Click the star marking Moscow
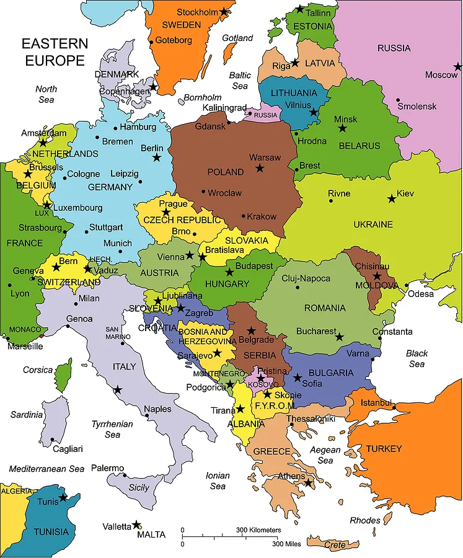pyautogui.click(x=457, y=66)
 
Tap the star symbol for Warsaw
pyautogui.click(x=260, y=168)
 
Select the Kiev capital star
pyautogui.click(x=391, y=199)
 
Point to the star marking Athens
pyautogui.click(x=308, y=482)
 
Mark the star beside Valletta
pyautogui.click(x=136, y=525)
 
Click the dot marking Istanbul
pyautogui.click(x=393, y=407)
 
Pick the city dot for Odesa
pyautogui.click(x=406, y=286)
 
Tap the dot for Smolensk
pyautogui.click(x=398, y=100)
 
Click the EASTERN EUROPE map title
pyautogui.click(x=55, y=52)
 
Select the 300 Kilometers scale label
pyautogui.click(x=258, y=530)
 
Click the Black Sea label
pyautogui.click(x=417, y=358)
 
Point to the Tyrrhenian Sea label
pyautogui.click(x=112, y=429)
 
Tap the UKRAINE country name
pyautogui.click(x=373, y=224)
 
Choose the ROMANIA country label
pyautogui.click(x=325, y=308)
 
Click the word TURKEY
pyautogui.click(x=384, y=448)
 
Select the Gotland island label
pyautogui.click(x=237, y=38)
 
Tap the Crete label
pyautogui.click(x=335, y=545)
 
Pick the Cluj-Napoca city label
pyautogui.click(x=306, y=278)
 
